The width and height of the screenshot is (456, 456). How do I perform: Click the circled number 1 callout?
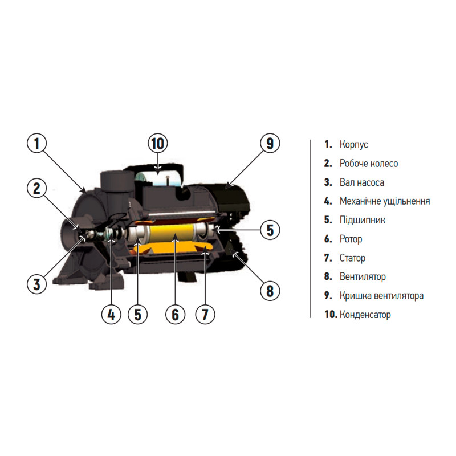tap(36, 143)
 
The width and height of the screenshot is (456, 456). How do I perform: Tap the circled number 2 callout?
tap(36, 188)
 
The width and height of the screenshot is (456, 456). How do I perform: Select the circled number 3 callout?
tap(36, 284)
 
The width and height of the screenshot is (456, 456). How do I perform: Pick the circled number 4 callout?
tap(111, 315)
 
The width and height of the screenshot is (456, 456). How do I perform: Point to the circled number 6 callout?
tap(175, 315)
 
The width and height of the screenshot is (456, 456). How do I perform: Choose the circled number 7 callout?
tap(205, 315)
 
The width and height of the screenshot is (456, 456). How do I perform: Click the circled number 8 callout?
tap(270, 291)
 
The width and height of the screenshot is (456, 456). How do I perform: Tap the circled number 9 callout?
tap(270, 143)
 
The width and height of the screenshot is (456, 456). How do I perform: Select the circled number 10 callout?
tap(158, 143)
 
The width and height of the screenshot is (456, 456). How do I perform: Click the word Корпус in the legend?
tap(353, 145)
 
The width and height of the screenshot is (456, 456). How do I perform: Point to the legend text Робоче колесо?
tap(369, 164)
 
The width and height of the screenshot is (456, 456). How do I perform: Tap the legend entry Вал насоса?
tap(362, 182)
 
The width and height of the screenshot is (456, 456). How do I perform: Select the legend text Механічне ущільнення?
tap(385, 201)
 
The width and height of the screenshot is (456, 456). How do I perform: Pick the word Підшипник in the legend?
tap(363, 220)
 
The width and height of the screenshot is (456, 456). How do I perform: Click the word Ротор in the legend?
tap(351, 239)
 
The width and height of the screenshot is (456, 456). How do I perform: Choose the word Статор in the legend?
tap(352, 258)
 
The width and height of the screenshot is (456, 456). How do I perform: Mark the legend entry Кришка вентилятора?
tap(381, 296)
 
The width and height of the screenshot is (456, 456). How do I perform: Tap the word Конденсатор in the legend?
tap(365, 315)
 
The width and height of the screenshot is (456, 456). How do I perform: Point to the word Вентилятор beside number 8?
tap(363, 276)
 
